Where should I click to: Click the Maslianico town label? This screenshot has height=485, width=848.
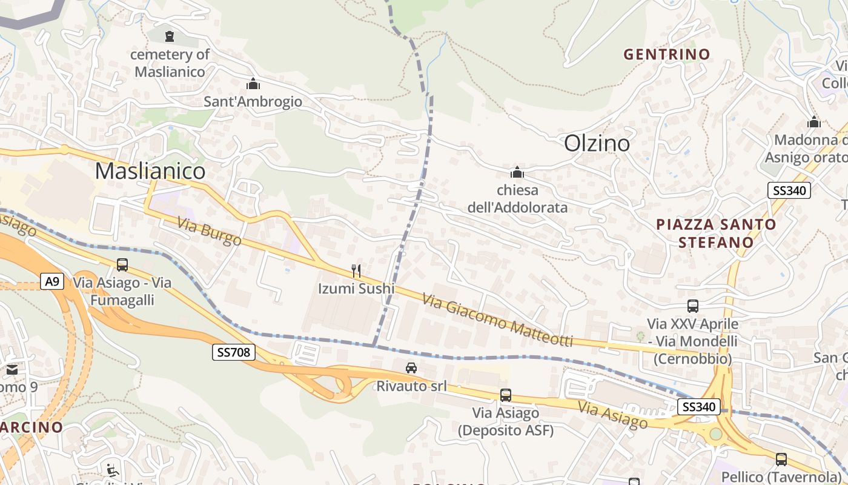tap(150, 171)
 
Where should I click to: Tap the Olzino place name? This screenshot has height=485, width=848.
tap(597, 143)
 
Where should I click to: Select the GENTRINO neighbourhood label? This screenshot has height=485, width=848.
tap(667, 54)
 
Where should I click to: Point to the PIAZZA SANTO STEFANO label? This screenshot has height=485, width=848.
tap(716, 233)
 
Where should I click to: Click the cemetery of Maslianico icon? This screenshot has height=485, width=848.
tap(170, 36)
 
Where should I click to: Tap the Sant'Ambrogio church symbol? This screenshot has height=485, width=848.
tap(253, 84)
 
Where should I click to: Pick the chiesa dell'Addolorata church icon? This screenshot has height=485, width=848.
tap(517, 172)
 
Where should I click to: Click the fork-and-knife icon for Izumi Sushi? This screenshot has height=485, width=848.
tap(356, 270)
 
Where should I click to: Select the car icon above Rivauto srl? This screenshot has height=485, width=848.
tap(411, 367)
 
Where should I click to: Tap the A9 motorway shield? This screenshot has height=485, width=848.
tap(53, 281)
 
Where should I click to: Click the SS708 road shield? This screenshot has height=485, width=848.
tap(233, 352)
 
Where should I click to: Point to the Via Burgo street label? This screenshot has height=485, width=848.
tap(210, 232)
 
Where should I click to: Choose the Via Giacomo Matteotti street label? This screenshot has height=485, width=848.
tap(497, 321)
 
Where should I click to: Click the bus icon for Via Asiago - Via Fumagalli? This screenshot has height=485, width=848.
tap(122, 264)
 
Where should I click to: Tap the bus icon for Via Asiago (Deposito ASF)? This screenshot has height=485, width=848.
tap(506, 395)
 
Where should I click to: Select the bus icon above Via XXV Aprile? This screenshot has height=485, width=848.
tap(693, 306)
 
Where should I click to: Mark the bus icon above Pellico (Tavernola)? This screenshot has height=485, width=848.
tap(781, 459)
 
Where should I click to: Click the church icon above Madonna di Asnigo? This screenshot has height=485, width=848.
tap(814, 122)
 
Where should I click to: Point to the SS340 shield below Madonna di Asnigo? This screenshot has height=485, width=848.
tap(789, 190)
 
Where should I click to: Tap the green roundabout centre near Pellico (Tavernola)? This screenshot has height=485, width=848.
tap(716, 434)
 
